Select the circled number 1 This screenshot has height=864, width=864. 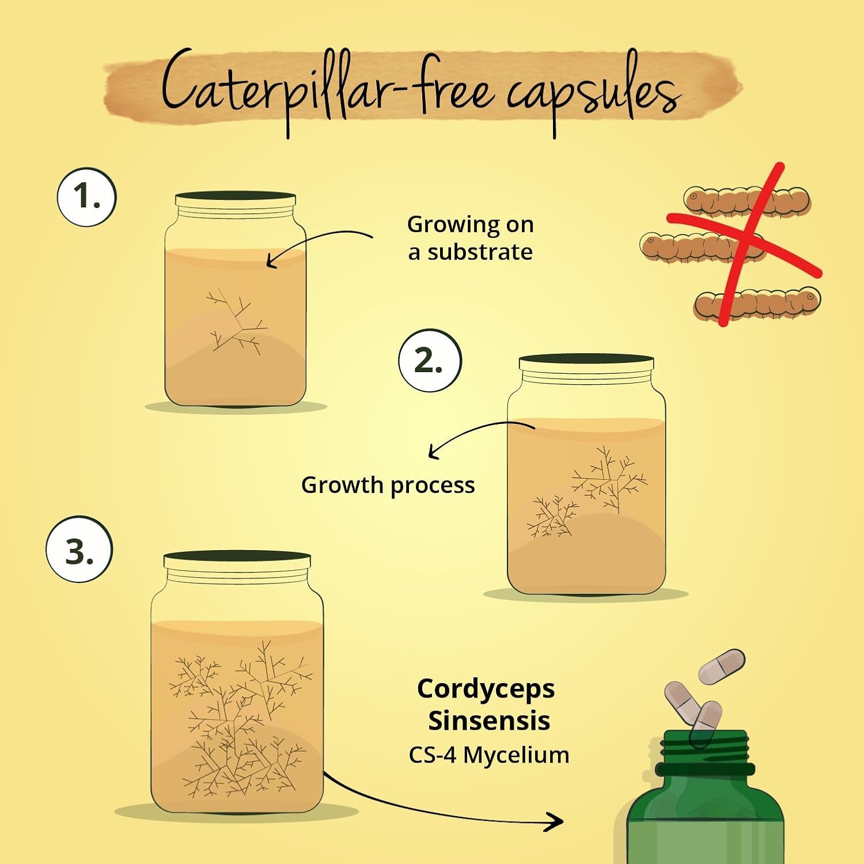tap(86, 196)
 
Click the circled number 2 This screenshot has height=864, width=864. tap(430, 361)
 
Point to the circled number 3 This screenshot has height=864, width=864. tap(79, 549)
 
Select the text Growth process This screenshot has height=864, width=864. tap(388, 486)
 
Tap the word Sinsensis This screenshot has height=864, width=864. tap(489, 721)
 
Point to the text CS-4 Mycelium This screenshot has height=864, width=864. tap(489, 755)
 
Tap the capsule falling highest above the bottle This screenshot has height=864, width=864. tap(722, 666)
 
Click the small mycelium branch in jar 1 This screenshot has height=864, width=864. tap(236, 320)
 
